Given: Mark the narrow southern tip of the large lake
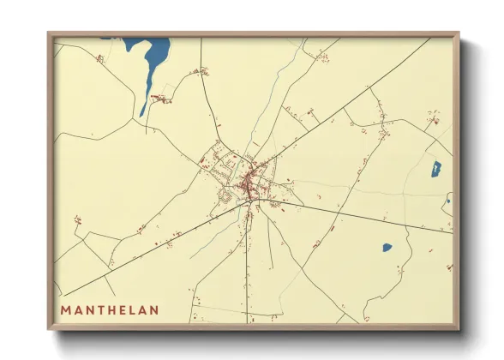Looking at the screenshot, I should point(142,111).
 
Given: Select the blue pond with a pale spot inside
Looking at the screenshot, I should point(435,169).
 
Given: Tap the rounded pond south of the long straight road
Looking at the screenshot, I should point(387,248).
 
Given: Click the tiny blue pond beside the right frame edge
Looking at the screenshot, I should point(447,201).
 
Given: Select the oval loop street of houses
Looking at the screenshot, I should point(226,196).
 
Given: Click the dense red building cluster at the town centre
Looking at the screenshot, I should point(252,183).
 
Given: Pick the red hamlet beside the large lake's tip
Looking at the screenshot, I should point(158,99).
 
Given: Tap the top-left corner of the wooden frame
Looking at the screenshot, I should point(49,34).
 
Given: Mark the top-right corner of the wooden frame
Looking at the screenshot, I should point(459,34).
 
